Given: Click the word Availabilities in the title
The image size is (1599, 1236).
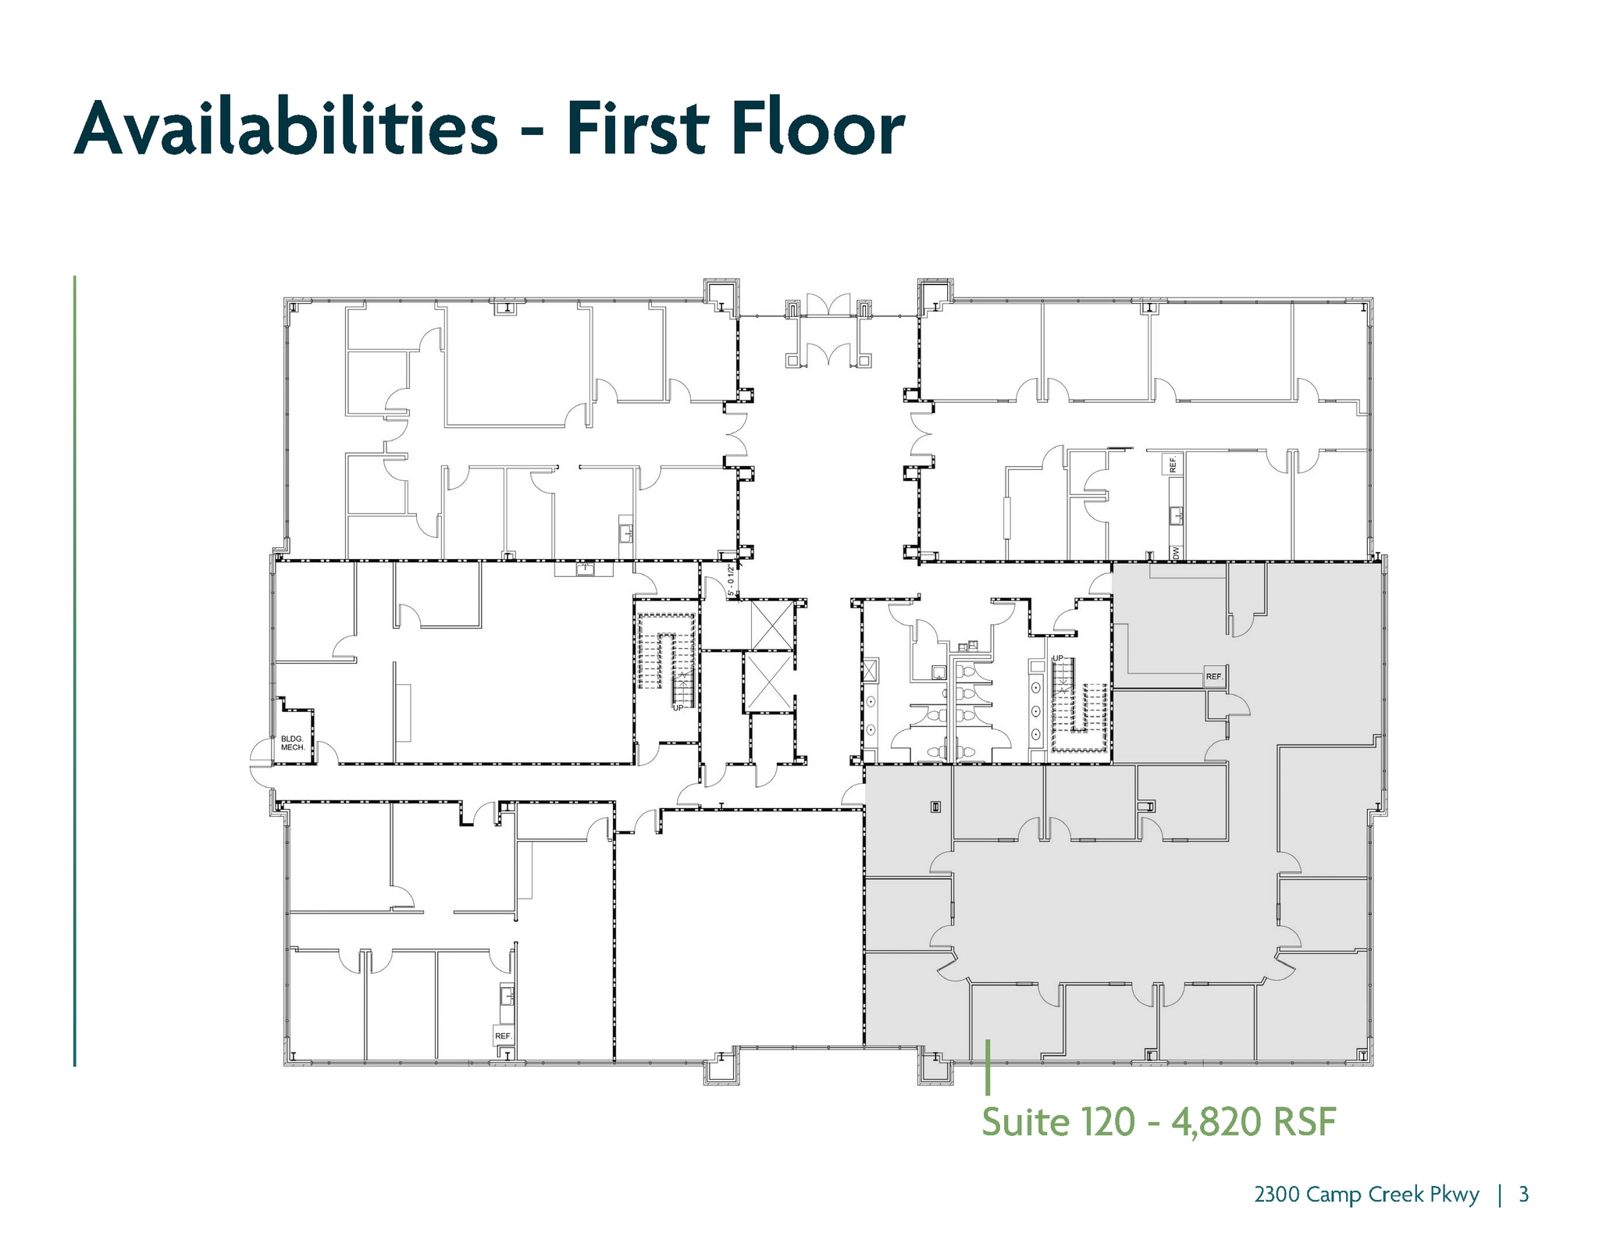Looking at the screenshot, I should point(286,128).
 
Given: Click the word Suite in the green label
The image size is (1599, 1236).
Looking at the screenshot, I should point(1025,1122).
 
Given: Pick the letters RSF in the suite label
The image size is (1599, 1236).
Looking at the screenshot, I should point(1305,1122).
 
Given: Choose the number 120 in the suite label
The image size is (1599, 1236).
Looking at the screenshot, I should point(1107,1122).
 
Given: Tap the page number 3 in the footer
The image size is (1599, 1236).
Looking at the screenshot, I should point(1523,1195).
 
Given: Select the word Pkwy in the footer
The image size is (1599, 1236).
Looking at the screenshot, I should point(1454,1195).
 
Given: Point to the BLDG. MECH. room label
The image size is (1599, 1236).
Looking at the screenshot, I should point(293,743).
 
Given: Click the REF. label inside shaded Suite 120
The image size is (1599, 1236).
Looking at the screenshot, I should point(1213,676).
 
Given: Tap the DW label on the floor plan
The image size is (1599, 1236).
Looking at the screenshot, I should point(1176,552).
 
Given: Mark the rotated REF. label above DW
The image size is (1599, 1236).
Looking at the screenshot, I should point(1173,465).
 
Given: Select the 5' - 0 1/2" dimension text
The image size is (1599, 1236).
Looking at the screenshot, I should point(732,581).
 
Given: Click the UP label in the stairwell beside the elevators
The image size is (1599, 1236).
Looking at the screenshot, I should point(678,707).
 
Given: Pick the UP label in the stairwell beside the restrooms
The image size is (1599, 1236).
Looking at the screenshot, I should point(1059,658).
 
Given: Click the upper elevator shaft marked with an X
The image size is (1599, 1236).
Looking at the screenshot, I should point(771,625).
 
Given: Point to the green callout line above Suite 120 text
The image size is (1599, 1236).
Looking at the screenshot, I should point(988,1067).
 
